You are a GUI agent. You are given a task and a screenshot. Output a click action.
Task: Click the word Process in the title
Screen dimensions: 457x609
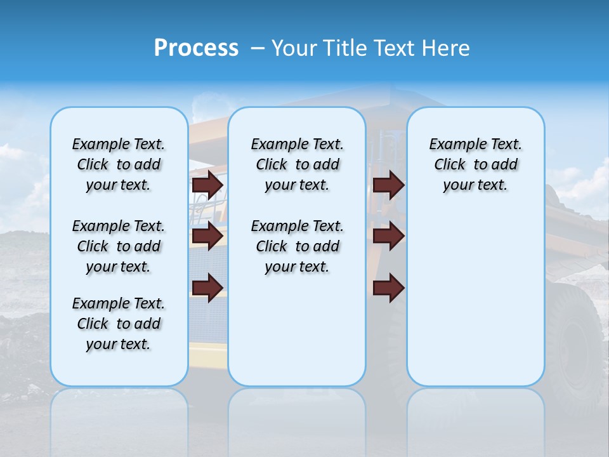[196, 48]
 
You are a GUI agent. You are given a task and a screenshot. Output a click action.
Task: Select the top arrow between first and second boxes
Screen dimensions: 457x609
[207, 185]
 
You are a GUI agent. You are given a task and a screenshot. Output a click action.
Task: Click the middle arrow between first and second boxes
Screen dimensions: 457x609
[207, 236]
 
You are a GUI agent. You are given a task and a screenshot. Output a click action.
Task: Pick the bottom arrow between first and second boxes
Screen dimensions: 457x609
[207, 288]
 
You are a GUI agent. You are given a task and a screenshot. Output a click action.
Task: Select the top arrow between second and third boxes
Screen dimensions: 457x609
[388, 185]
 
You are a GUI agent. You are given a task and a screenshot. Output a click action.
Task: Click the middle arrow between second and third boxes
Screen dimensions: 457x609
[388, 236]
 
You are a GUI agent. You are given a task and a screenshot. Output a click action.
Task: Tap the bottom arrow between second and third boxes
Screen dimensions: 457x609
[388, 288]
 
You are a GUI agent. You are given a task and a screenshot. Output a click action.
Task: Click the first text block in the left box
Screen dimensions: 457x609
[119, 164]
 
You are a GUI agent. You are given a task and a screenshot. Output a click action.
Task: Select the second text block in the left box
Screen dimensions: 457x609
[119, 246]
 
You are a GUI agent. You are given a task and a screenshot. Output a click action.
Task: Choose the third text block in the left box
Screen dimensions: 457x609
[119, 324]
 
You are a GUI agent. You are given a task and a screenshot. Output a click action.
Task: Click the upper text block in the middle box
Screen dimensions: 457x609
[297, 164]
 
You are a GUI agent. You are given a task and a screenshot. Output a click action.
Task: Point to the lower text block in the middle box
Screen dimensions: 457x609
[297, 246]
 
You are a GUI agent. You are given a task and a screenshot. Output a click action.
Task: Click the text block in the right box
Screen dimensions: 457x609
[476, 164]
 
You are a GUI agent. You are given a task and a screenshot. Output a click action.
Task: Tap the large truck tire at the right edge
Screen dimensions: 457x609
[577, 343]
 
